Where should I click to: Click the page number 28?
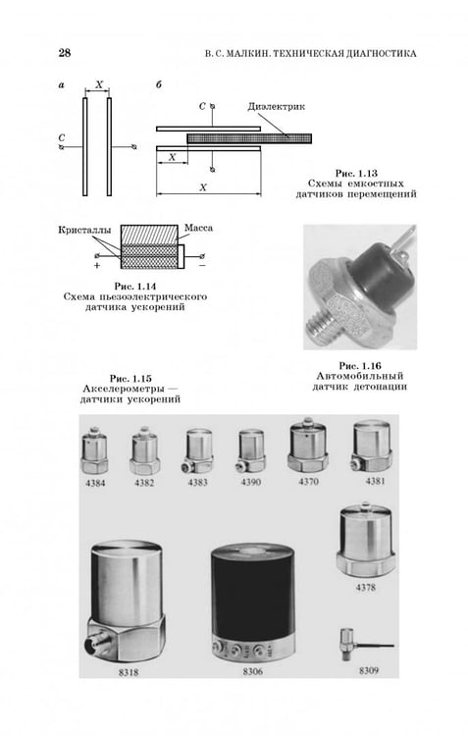click(65, 53)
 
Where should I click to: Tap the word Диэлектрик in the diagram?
click(276, 107)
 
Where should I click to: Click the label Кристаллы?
click(85, 230)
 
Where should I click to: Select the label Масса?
click(198, 228)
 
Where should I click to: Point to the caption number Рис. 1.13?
click(356, 173)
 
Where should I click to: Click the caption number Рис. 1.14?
click(135, 287)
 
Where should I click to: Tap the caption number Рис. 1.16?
click(360, 366)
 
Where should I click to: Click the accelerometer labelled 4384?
click(95, 449)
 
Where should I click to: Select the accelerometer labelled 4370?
click(308, 445)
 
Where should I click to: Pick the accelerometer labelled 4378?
click(366, 541)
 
